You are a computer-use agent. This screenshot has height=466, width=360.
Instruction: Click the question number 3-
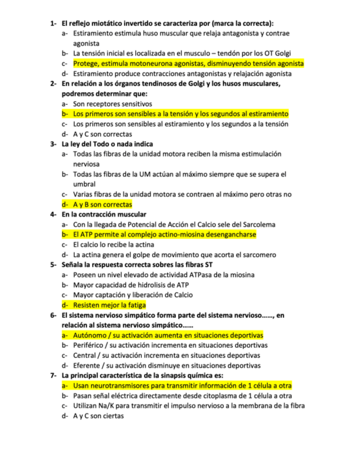[53, 144]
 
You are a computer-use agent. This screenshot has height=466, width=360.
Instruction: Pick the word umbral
[84, 184]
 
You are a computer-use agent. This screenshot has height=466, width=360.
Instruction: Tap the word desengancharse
[229, 235]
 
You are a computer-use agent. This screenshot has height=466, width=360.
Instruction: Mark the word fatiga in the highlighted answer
[136, 305]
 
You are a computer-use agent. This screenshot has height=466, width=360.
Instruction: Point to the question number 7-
[53, 375]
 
